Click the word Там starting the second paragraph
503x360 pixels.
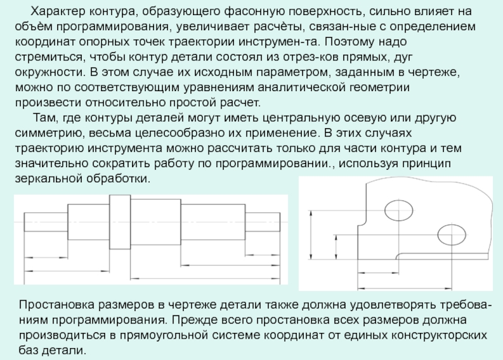tap(46, 118)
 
